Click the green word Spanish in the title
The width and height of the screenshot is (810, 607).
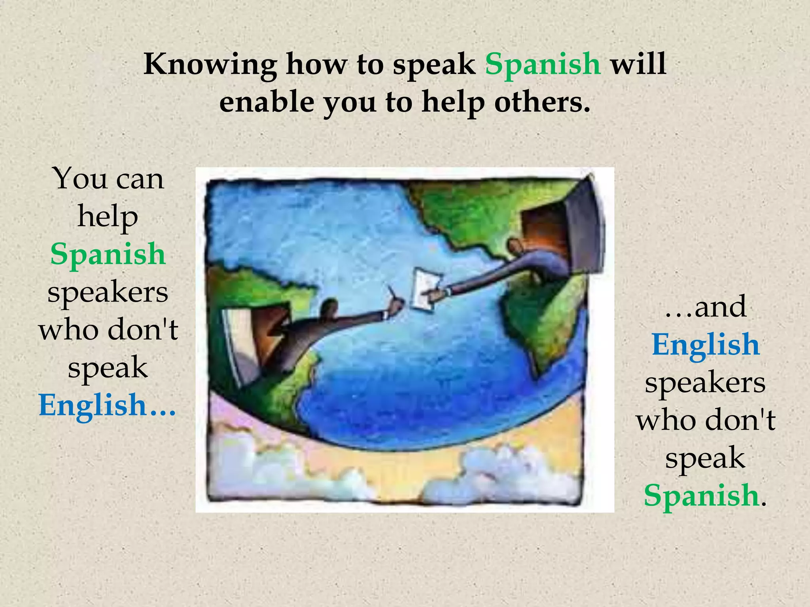click(543, 64)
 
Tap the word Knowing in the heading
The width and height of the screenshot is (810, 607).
click(210, 64)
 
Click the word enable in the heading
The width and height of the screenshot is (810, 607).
click(267, 102)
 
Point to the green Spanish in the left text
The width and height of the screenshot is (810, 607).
click(108, 254)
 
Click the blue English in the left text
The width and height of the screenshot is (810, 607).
click(93, 405)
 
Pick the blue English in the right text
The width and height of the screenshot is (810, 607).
click(706, 344)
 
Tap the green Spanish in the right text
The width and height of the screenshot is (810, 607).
click(701, 495)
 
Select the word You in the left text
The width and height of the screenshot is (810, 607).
click(81, 179)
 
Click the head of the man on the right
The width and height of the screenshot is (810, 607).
click(515, 248)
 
